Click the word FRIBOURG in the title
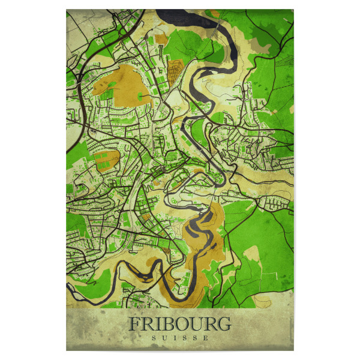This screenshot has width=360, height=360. click(x=179, y=323)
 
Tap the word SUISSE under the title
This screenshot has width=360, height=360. click(x=179, y=338)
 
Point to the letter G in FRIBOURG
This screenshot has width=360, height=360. click(x=223, y=323)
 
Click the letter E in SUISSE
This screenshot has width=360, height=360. click(x=206, y=338)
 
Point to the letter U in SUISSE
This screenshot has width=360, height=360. click(x=164, y=338)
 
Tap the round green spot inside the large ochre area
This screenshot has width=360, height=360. click(x=142, y=95)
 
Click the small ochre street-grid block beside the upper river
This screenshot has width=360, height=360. click(x=176, y=68)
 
